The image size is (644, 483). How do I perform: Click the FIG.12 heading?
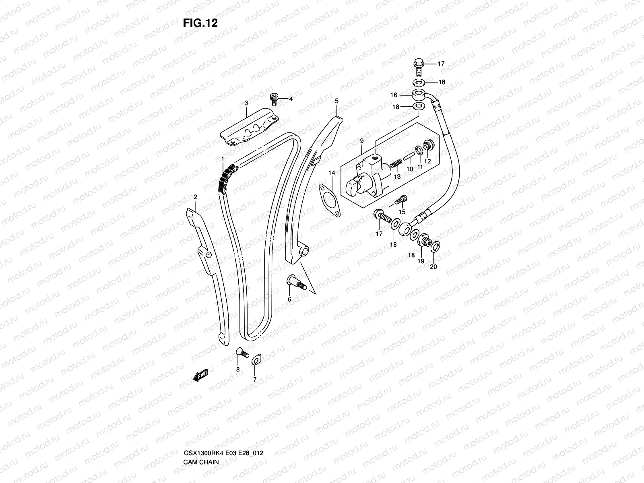pyautogui.click(x=200, y=23)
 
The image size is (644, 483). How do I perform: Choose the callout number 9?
pyautogui.click(x=362, y=141)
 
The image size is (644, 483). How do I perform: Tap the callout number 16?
pyautogui.click(x=394, y=95)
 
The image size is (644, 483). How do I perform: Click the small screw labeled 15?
pyautogui.click(x=402, y=198)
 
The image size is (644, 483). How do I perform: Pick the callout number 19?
pyautogui.click(x=421, y=261)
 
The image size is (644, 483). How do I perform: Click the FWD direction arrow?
pyautogui.click(x=200, y=375)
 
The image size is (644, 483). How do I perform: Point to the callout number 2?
pyautogui.click(x=195, y=197)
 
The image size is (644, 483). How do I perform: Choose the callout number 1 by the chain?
pyautogui.click(x=222, y=160)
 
